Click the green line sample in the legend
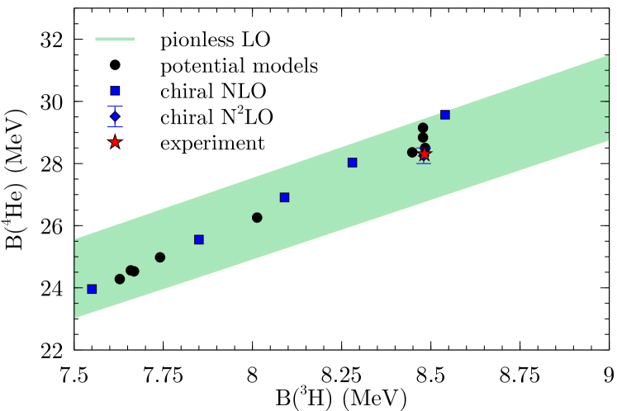pos(115,39)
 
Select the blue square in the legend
pos(115,91)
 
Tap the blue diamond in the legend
pos(115,116)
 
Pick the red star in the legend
pos(115,142)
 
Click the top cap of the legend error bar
pos(115,106)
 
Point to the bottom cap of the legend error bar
pos(115,127)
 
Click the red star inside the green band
pos(425,154)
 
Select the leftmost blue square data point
pos(92,289)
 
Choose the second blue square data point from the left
pos(199,239)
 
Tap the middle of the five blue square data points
pos(284,197)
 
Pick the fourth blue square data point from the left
pos(352,163)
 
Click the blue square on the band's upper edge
pos(445,115)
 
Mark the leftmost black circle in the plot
pos(120,279)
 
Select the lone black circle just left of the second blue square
pos(160,257)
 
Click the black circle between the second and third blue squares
pos(257,218)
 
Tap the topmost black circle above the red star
pos(423,128)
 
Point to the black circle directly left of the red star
pos(412,153)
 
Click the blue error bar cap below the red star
pos(424,163)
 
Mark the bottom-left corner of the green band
pos(75,316)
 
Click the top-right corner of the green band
pos(608,57)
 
